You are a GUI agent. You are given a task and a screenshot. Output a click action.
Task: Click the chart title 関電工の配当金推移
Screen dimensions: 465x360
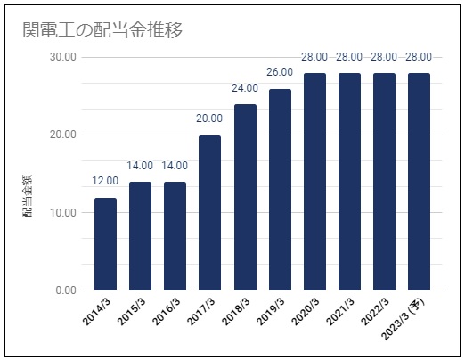pyautogui.click(x=102, y=30)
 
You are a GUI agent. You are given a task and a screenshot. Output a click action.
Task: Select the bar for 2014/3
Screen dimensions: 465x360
pyautogui.click(x=105, y=244)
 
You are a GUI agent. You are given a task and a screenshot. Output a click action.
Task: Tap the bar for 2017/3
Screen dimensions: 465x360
pyautogui.click(x=209, y=213)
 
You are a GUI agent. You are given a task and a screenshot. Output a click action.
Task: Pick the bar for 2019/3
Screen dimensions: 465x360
pyautogui.click(x=280, y=190)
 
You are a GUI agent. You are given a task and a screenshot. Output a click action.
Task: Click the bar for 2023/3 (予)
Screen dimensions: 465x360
pyautogui.click(x=419, y=182)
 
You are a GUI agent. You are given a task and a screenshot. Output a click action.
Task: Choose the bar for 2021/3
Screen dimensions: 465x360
pyautogui.click(x=349, y=182)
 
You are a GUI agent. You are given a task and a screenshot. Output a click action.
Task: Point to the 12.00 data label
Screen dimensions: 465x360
pyautogui.click(x=105, y=181)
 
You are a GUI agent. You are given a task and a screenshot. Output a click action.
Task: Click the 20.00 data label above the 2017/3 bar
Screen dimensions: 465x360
pyautogui.click(x=209, y=119)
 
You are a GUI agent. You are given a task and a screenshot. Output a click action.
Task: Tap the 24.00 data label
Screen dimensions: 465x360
pyautogui.click(x=245, y=88)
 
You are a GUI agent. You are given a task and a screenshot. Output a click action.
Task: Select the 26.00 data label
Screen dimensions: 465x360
pyautogui.click(x=280, y=72)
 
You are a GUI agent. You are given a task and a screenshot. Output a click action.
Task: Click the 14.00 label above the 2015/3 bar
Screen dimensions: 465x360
pyautogui.click(x=140, y=166)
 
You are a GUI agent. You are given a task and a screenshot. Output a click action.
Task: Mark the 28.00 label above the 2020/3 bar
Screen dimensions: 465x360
pyautogui.click(x=314, y=57)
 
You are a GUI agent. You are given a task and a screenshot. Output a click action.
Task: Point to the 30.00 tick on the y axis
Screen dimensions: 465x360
pyautogui.click(x=63, y=57)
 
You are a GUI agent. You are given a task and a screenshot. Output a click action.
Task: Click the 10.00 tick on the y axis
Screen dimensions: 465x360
pyautogui.click(x=63, y=212)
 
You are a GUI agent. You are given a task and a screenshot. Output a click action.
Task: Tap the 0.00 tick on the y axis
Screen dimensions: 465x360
pyautogui.click(x=66, y=290)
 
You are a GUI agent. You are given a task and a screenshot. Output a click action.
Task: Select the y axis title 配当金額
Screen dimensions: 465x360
pyautogui.click(x=28, y=196)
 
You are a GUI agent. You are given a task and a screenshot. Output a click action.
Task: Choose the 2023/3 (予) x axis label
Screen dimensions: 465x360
pyautogui.click(x=403, y=319)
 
